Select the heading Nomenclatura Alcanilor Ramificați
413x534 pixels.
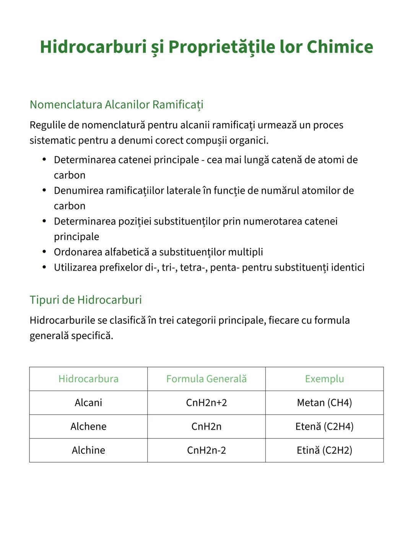pos(116,104)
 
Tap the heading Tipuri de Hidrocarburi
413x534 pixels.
pos(86,300)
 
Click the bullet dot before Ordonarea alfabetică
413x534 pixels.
pos(44,252)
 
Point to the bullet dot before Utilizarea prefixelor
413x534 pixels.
pos(44,267)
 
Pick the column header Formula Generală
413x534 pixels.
pos(206,379)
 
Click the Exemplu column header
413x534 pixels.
pos(324,379)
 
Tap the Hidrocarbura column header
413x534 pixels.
pos(88,379)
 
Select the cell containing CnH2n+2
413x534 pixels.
pos(206,403)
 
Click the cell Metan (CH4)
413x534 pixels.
pos(324,403)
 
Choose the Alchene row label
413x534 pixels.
pos(88,426)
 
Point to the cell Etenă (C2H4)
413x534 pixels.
pos(324,426)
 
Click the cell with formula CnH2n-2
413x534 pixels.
pos(206,450)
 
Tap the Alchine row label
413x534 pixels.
pos(88,450)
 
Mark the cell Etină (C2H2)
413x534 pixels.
pos(324,450)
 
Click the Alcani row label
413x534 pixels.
pos(88,403)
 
